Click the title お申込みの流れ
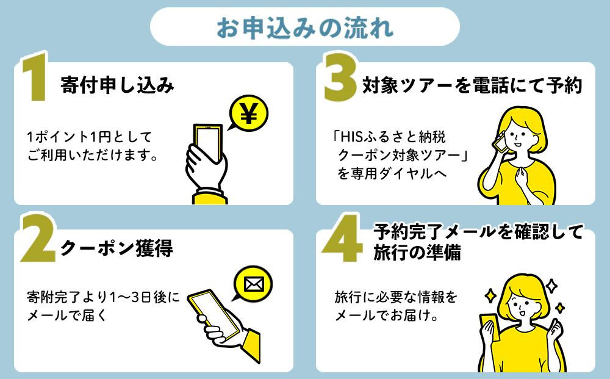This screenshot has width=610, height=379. (304, 27)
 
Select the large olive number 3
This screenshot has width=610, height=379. (340, 78)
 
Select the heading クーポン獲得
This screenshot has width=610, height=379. (117, 249)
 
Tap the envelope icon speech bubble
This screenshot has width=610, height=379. (251, 284)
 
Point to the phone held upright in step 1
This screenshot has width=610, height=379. (206, 144)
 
